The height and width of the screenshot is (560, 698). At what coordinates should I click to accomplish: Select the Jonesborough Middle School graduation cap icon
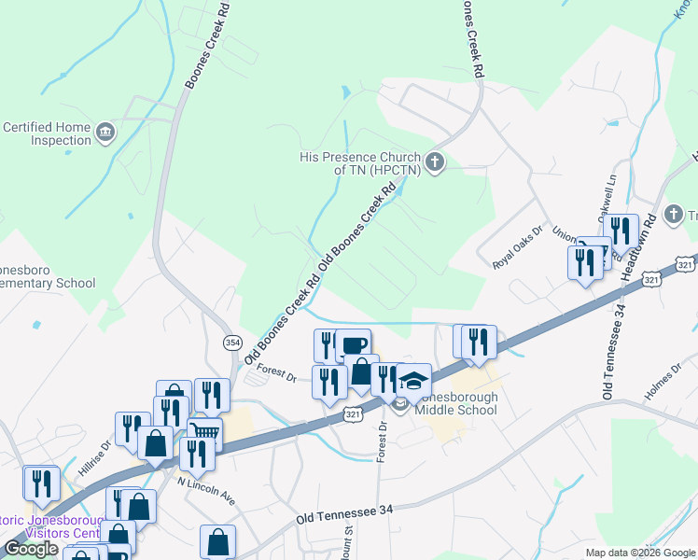pos(414,379)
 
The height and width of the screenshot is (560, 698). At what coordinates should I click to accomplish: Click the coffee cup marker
pos(354,345)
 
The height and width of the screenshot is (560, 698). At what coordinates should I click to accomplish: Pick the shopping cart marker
pos(204,432)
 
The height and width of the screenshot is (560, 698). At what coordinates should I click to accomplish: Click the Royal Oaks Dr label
pos(518,246)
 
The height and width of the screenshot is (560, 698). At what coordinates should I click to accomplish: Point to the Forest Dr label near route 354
pos(276,373)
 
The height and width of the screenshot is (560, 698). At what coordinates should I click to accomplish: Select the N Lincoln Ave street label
pos(206,486)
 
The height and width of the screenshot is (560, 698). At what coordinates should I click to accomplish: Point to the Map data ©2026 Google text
pos(639,553)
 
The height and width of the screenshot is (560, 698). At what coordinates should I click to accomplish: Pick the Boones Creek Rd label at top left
pos(207,45)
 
